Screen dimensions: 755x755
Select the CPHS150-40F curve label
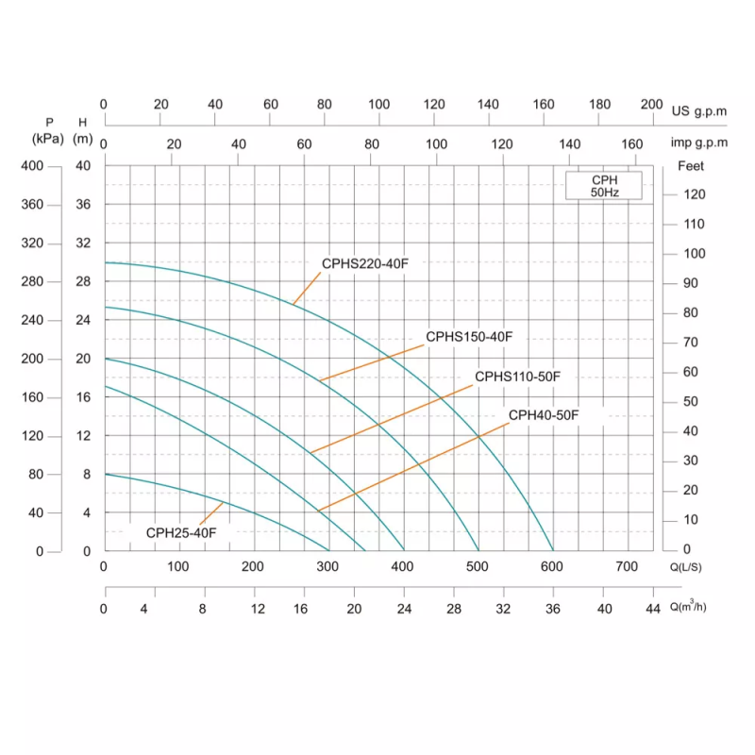[469, 337]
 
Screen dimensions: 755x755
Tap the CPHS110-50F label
[517, 377]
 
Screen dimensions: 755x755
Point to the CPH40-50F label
[544, 415]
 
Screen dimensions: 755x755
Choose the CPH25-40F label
[181, 533]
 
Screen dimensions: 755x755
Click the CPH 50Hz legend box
[604, 186]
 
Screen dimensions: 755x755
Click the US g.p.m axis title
[699, 110]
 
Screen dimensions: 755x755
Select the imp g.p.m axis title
[698, 143]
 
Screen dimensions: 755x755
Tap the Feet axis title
[692, 166]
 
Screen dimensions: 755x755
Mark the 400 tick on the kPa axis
[33, 166]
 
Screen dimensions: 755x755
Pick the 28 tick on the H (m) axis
[83, 282]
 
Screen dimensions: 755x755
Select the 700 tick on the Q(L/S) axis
[626, 567]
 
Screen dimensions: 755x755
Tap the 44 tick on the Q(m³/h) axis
[653, 609]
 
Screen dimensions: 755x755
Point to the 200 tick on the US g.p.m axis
[652, 105]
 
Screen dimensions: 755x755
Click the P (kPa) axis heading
[48, 130]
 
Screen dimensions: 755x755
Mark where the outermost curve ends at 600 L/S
[553, 550]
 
